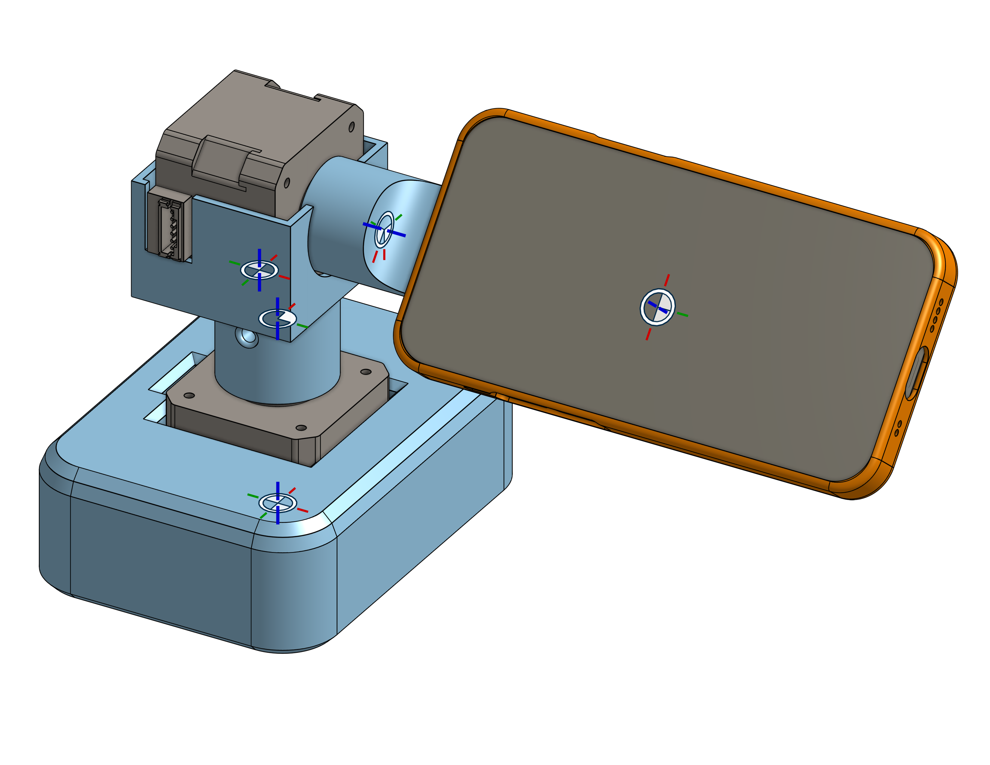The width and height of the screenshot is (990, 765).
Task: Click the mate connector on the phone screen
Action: pyautogui.click(x=657, y=307)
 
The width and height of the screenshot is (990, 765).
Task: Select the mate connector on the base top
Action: pyautogui.click(x=278, y=502)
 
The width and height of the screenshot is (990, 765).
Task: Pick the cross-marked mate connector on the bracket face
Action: pyautogui.click(x=259, y=270)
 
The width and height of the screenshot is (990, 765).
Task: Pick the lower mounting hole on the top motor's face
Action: pyautogui.click(x=287, y=183)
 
